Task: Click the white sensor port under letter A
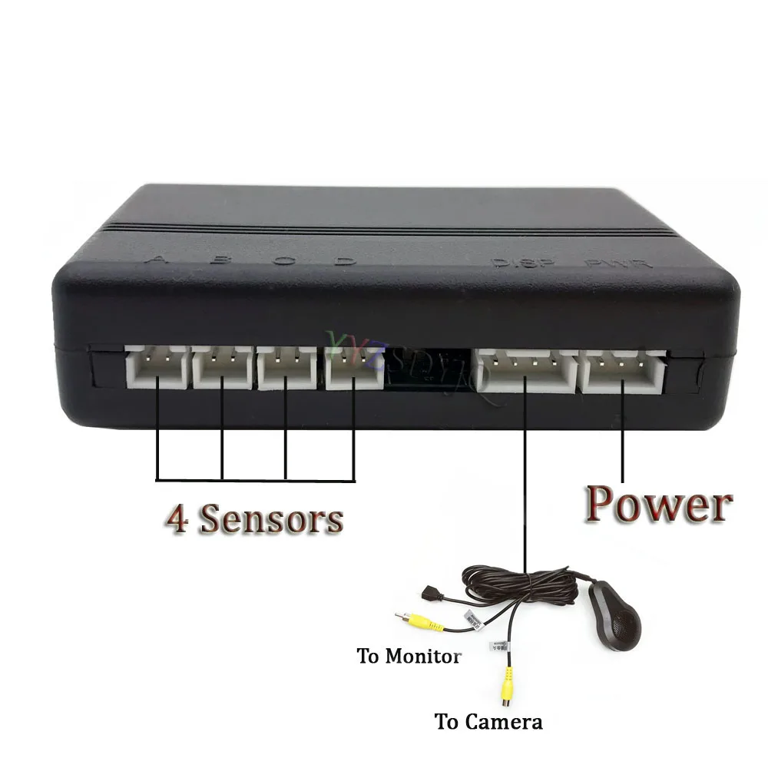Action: point(156,368)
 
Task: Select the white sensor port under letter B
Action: point(221,368)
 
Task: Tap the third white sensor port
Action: point(286,368)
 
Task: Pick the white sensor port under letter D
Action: point(354,368)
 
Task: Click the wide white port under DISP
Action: point(526,370)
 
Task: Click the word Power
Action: point(657,505)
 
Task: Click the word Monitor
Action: point(422,657)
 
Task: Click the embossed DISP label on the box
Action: point(513,263)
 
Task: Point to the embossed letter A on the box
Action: point(160,259)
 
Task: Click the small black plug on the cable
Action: point(431,593)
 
